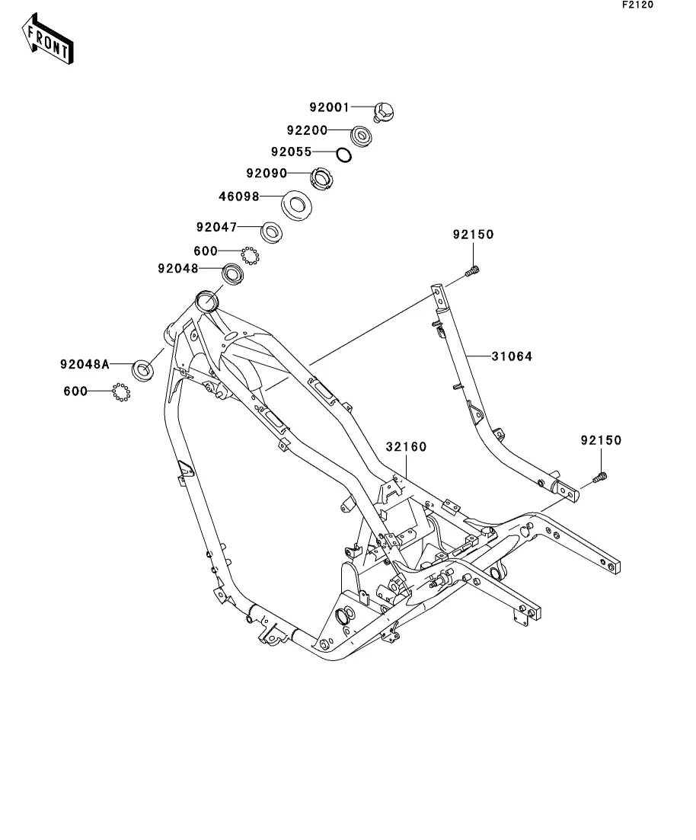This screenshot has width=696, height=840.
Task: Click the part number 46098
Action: point(238,196)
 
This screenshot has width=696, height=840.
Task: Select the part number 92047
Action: point(216,227)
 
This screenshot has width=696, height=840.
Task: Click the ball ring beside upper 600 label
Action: point(251,255)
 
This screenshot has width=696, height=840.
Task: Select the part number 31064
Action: point(511,356)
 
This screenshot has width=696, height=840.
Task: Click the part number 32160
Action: point(405,446)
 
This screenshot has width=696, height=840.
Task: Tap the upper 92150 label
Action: point(473,235)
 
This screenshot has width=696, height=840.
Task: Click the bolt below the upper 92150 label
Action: point(474,270)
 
